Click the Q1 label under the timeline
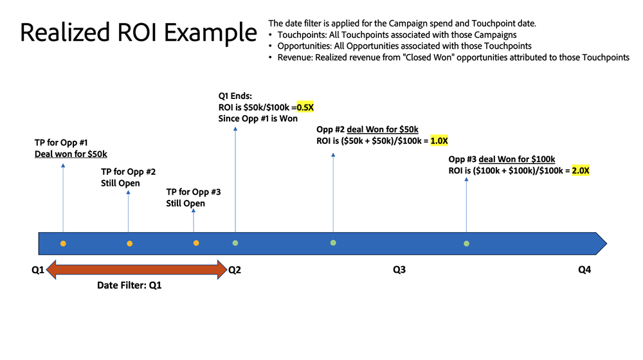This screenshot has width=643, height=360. tap(38, 270)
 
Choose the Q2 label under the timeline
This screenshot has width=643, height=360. tap(235, 270)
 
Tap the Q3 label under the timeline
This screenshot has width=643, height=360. tap(399, 270)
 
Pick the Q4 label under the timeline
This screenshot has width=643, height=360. tap(584, 270)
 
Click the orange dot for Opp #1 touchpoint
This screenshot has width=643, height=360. tap(63, 244)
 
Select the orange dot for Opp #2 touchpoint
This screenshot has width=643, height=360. tap(129, 244)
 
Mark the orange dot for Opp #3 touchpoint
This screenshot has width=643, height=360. tap(196, 243)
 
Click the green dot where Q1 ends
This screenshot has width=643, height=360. tap(235, 243)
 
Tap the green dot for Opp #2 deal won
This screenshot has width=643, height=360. tap(333, 242)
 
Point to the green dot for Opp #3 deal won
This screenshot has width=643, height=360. tap(466, 244)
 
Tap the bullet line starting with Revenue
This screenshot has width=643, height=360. tap(453, 58)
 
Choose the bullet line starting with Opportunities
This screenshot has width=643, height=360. tap(404, 46)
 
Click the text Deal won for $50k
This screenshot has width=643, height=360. tap(71, 154)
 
